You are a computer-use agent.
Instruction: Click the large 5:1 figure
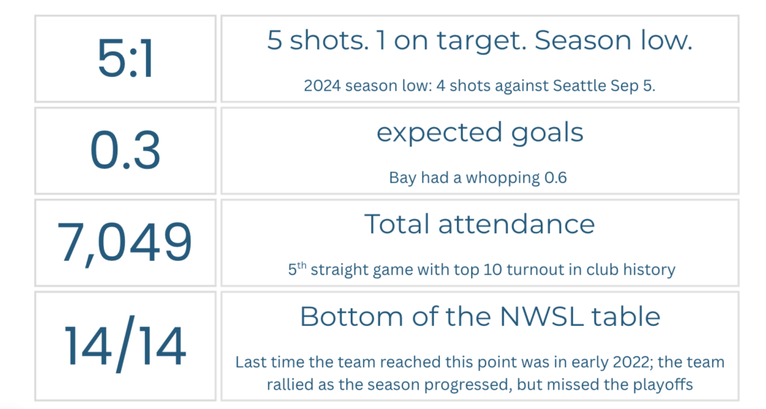pyautogui.click(x=126, y=58)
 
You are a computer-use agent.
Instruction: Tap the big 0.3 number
pyautogui.click(x=126, y=150)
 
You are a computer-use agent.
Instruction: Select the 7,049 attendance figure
pyautogui.click(x=125, y=242)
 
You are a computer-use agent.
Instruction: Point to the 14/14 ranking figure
pyautogui.click(x=125, y=345)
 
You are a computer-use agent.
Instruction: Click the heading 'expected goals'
pyautogui.click(x=479, y=133)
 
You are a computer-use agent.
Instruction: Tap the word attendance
pyautogui.click(x=516, y=224)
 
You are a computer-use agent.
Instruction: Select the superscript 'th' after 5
pyautogui.click(x=301, y=265)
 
